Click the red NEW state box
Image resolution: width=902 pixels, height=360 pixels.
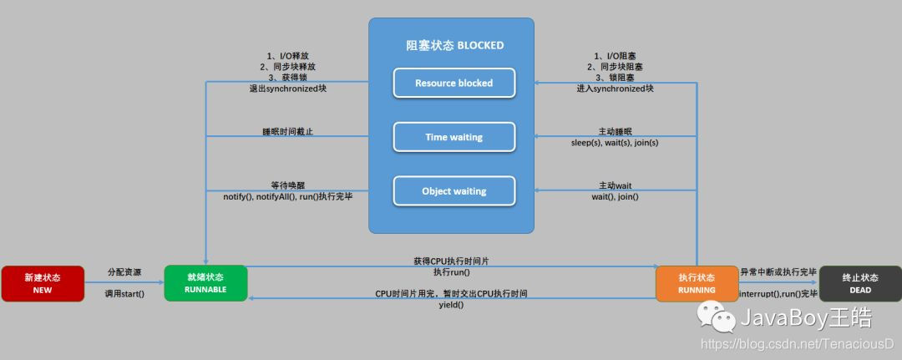43,283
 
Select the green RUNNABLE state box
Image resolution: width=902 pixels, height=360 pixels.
205,283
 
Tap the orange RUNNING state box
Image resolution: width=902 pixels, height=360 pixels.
697,283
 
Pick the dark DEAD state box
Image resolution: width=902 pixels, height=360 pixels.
859,283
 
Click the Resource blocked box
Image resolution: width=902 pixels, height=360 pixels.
454,83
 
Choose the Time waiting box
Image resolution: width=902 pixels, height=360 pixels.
454,137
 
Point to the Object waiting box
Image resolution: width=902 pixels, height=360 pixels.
454,190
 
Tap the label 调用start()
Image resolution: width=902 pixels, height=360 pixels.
124,294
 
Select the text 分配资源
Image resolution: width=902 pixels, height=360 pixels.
124,272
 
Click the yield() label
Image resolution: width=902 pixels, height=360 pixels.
451,305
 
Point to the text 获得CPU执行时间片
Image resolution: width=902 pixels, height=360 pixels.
451,261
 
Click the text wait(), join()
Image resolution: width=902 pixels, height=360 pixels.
615,196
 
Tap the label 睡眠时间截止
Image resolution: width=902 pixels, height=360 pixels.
287,131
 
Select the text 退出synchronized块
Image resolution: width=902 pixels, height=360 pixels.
287,88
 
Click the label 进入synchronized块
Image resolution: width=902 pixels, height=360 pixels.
615,88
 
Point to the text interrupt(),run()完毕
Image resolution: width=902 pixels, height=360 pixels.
778,294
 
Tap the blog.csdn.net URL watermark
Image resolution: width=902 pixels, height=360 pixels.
797,343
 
